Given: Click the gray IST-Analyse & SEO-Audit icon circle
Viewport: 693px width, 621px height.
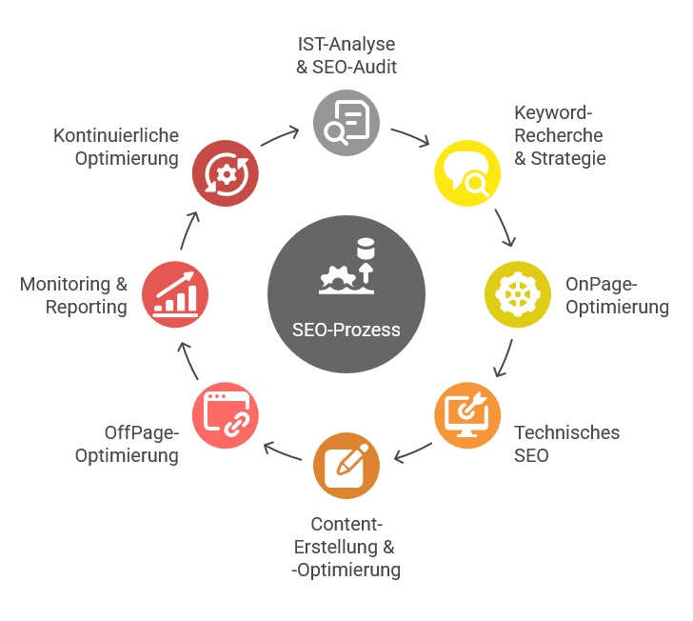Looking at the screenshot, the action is [x=346, y=123].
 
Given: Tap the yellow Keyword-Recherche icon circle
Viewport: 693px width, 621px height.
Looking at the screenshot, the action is [x=467, y=173].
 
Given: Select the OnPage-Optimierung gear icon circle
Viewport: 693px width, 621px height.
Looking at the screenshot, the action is [x=518, y=294].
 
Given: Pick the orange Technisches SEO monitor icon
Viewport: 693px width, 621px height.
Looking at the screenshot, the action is [x=467, y=415].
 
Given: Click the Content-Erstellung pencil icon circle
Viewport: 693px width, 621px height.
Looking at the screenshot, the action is [x=346, y=466].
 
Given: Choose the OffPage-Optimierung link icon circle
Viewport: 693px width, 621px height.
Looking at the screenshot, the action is [x=226, y=415].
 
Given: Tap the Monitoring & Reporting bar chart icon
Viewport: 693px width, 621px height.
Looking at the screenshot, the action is [x=175, y=294].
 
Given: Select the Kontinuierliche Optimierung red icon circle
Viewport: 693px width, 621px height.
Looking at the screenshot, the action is [x=226, y=173].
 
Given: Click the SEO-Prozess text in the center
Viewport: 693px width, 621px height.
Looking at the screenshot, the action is [x=346, y=330].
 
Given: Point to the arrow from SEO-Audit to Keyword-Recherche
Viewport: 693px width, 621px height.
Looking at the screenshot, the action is [x=411, y=135].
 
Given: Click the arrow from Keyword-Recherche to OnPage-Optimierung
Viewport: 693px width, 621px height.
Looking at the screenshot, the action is [x=505, y=228].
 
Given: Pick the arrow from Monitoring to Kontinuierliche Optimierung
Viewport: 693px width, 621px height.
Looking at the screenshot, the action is [x=188, y=230].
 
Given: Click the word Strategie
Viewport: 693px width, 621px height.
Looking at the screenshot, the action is [x=568, y=158].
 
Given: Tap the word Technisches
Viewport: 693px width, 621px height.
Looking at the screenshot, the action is [x=567, y=432].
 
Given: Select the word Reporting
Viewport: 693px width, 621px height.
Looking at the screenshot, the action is [x=87, y=307].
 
